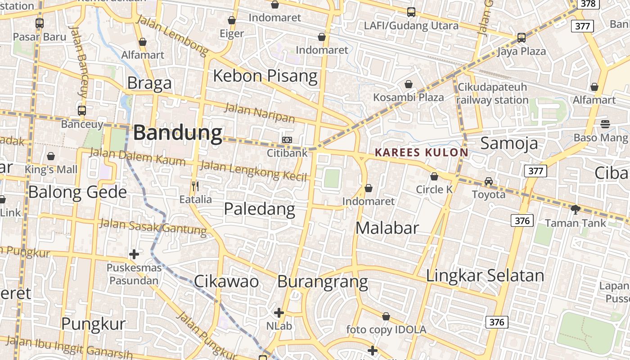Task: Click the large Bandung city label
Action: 178,133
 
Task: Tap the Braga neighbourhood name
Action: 149,83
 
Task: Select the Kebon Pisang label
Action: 265,76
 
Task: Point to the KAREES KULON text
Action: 421,153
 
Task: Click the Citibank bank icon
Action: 287,140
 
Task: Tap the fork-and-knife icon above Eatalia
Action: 195,186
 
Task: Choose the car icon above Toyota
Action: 489,181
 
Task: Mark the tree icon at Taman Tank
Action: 575,209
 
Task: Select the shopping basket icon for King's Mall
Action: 51,156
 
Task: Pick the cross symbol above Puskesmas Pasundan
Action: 134,254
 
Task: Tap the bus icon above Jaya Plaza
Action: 521,38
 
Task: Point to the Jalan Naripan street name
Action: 260,113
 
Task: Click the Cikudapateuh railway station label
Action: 492,94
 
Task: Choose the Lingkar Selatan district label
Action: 485,275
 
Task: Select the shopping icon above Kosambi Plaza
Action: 409,84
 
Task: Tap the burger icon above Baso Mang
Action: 605,124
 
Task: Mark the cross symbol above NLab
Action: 279,312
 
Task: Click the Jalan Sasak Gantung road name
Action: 153,226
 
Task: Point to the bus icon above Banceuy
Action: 82,110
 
